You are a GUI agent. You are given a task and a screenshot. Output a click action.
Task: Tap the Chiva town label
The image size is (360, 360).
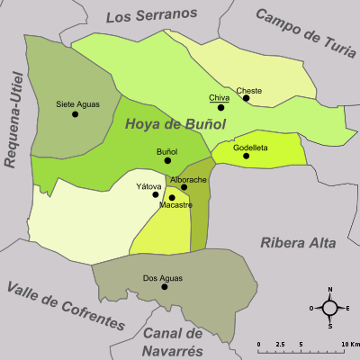pos(219,97)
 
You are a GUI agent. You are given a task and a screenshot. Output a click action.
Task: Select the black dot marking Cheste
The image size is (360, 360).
pos(246,100)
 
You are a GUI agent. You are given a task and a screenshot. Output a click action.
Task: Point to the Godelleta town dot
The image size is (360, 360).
pos(246,156)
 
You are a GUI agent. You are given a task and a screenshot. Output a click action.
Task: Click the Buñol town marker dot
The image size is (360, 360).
pos(167,160)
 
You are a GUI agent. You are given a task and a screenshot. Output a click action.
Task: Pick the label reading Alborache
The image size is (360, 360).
pos(189,180)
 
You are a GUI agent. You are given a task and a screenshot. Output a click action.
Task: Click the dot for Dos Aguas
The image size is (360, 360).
pos(164,287)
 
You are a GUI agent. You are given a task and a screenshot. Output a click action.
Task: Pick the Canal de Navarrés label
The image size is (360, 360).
pos(179,341)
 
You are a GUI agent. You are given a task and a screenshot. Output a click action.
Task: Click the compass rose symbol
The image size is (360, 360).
pos(330,308)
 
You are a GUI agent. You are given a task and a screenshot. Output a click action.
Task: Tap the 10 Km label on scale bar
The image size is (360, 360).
pos(350,345)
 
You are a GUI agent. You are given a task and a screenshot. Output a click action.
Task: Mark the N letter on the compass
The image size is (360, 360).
pos(330,290)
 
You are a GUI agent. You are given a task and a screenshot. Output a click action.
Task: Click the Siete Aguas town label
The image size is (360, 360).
pos(78,103)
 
